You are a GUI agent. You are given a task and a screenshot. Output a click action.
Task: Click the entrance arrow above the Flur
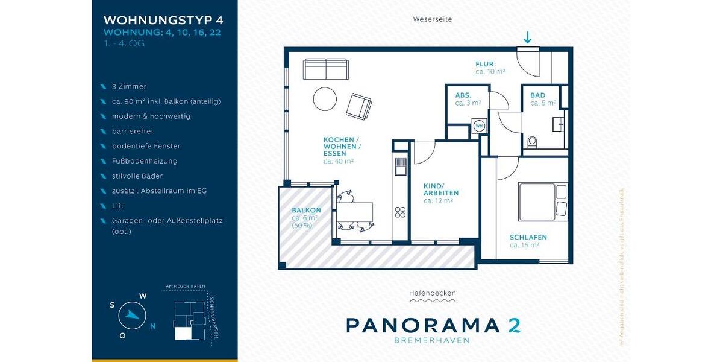tap(527, 37)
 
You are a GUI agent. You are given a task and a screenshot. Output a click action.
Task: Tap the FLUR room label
tap(484, 64)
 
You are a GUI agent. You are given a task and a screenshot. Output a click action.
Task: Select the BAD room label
tap(537, 95)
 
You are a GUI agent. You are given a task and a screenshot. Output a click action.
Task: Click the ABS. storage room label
tap(463, 95)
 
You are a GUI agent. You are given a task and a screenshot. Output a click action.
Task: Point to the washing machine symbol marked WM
tap(480, 125)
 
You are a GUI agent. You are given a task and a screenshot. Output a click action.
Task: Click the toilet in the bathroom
tap(531, 142)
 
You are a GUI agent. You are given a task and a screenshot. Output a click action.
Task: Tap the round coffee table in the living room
tap(325, 100)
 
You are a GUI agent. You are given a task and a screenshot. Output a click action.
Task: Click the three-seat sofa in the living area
tap(325, 69)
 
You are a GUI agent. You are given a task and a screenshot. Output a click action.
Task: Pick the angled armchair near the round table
tap(359, 106)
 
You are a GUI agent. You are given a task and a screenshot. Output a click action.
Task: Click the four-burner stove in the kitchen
tap(400, 212)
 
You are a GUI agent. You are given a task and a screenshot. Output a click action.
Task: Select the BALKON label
tap(306, 210)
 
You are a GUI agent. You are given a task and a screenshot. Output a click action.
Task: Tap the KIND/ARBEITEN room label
tap(441, 189)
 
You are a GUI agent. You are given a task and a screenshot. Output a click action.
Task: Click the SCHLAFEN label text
tap(528, 237)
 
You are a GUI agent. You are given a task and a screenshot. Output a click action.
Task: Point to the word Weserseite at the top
tap(432, 19)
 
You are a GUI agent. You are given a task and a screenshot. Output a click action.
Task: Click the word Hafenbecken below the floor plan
tap(432, 293)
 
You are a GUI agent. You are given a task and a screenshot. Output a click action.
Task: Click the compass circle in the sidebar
tap(132, 316)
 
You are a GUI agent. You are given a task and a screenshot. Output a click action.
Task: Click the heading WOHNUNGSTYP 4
tap(163, 21)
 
